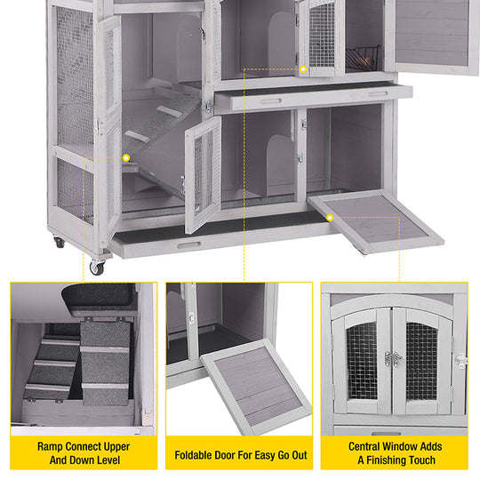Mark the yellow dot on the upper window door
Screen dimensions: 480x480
[303, 68]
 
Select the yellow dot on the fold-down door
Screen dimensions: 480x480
[330, 217]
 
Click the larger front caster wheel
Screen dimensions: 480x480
[96, 267]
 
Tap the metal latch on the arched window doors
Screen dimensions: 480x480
[392, 358]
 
